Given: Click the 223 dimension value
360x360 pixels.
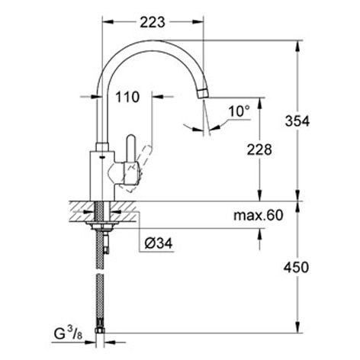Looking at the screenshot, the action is (153, 22).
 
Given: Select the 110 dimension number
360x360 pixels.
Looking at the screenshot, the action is (127, 97).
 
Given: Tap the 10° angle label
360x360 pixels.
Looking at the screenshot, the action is (239, 111).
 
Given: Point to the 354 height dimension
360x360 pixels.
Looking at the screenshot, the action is (297, 121).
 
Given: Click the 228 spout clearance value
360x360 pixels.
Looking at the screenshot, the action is (259, 149).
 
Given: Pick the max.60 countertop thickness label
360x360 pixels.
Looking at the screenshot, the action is (259, 216).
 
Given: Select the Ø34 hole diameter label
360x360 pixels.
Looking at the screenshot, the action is (159, 243).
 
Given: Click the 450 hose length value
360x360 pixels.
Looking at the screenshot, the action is (296, 268).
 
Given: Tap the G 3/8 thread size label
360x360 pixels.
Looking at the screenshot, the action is (68, 333).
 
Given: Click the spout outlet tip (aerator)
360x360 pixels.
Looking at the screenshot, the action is (203, 93).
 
